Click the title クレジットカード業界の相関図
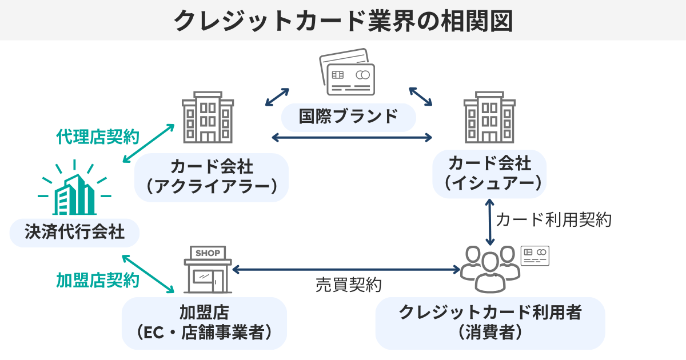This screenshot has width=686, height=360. (343, 21)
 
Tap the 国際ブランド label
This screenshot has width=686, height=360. (348, 117)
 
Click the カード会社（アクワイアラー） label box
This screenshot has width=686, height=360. (212, 177)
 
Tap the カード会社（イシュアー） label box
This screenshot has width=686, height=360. (489, 174)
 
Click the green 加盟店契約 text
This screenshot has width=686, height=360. (98, 279)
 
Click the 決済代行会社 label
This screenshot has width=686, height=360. (74, 232)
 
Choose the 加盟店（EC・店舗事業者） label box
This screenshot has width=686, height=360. (204, 322)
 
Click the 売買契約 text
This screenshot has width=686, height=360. (348, 285)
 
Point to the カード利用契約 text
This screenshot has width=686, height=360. (553, 219)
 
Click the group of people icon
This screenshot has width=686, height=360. (490, 266)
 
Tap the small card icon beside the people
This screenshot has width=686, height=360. (535, 255)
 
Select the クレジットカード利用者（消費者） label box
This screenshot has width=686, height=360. (490, 322)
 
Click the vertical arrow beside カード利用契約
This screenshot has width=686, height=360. (489, 222)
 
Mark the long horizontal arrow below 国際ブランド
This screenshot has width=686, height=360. (352, 137)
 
